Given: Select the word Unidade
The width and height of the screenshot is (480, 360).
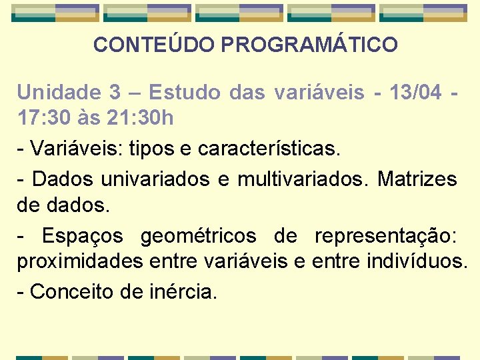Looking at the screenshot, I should [55, 92].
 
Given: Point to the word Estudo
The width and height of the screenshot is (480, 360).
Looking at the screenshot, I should [185, 92].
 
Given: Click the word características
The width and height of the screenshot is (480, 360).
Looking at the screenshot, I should [269, 149].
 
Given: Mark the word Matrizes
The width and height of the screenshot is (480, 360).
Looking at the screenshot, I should [417, 179].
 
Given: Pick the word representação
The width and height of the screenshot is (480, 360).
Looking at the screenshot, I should [385, 236].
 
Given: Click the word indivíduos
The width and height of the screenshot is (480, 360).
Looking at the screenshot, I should [417, 262].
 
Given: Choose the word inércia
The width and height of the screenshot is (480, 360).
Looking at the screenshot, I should [184, 291].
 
